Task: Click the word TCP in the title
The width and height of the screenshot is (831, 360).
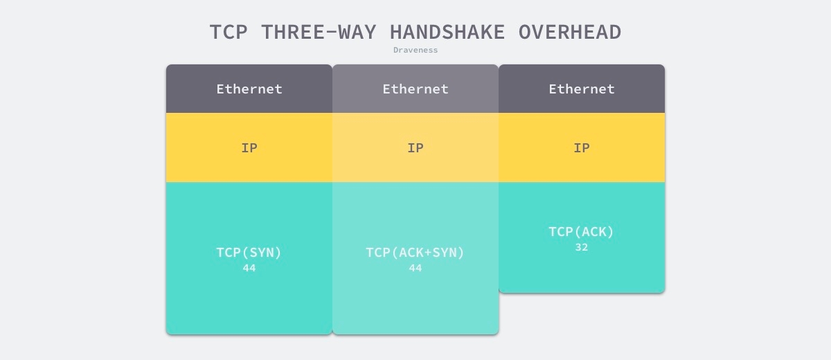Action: pos(229,32)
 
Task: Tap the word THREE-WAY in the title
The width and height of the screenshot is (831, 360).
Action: pos(319,32)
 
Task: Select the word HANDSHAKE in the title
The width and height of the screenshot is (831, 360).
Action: pos(447,32)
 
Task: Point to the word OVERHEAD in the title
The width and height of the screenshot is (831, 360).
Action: pos(569,32)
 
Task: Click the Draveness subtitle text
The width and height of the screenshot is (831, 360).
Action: pos(415,50)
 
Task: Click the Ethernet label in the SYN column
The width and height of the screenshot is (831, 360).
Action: pos(249,89)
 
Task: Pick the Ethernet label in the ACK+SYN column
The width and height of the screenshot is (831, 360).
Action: pos(415,89)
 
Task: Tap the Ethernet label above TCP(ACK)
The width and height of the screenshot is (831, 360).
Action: pos(582,89)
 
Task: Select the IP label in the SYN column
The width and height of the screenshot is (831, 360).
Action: pos(249,148)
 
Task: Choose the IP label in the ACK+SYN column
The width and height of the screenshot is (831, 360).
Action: pos(415,148)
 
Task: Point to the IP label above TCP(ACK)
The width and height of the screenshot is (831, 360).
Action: pos(582,148)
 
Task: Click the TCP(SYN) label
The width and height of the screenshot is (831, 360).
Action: pos(249,253)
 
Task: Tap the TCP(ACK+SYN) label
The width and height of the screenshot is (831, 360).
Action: pos(415,253)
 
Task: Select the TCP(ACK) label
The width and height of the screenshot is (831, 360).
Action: pos(581,232)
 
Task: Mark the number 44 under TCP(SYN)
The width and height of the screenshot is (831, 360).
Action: pos(249,268)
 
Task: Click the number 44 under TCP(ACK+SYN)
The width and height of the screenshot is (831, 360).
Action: pos(415,268)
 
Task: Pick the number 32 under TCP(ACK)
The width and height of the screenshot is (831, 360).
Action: pos(582,247)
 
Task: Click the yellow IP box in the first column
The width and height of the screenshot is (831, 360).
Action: pos(249,147)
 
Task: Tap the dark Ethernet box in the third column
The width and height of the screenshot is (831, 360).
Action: pos(582,89)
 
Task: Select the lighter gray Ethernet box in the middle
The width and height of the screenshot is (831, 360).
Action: pos(415,89)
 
